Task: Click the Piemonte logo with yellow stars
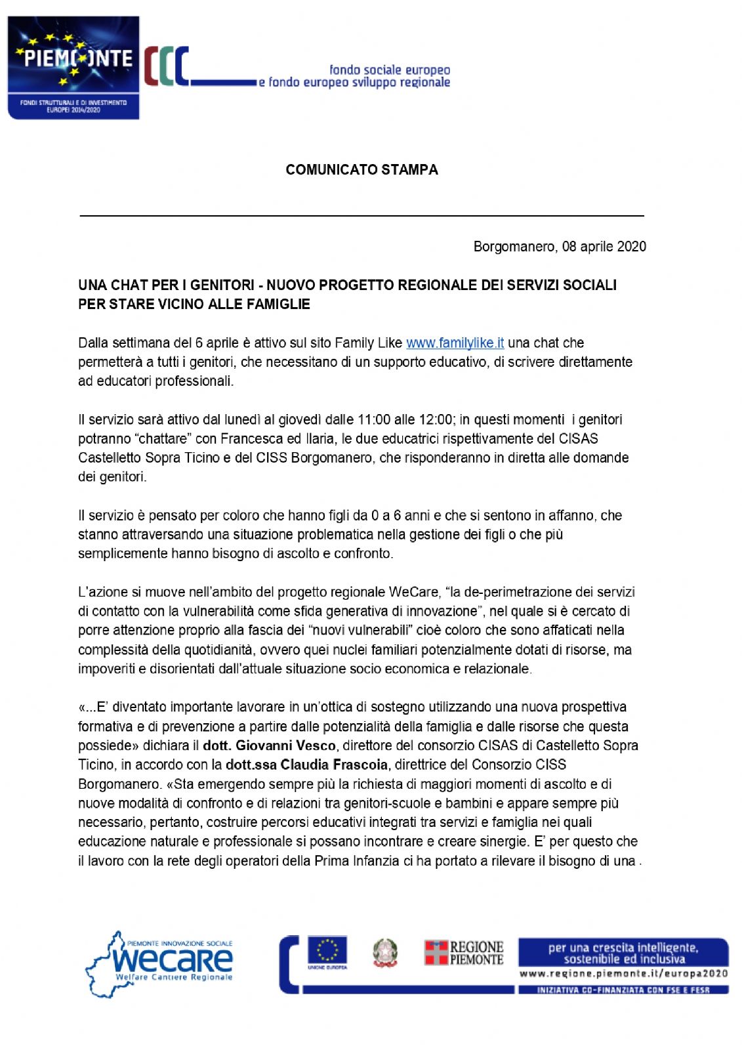(x=73, y=68)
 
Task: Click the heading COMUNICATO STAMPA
(x=361, y=170)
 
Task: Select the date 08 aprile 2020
(x=604, y=247)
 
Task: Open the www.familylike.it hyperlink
(x=455, y=343)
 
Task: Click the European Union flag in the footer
(x=327, y=951)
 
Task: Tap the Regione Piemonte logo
(x=464, y=952)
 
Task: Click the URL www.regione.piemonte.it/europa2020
(x=623, y=974)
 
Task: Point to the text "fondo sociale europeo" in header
(x=390, y=70)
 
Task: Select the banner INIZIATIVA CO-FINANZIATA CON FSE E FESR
(x=623, y=990)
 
